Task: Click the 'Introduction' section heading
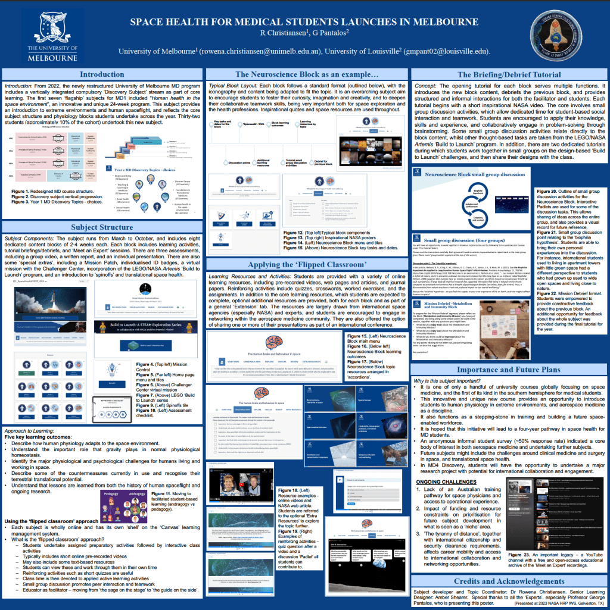102,74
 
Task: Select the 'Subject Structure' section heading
102,227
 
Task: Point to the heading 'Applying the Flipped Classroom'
306,247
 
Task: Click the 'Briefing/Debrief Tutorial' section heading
510,75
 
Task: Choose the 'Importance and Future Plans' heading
510,368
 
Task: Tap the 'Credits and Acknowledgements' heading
509,581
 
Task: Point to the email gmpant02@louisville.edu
441,52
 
